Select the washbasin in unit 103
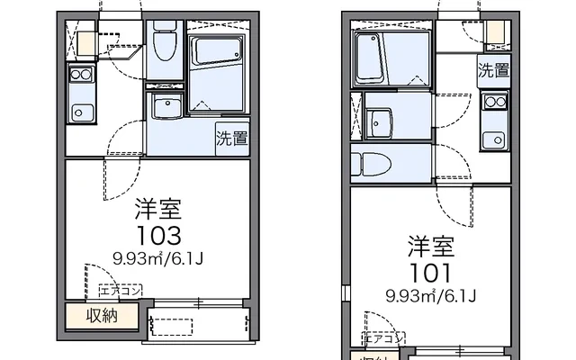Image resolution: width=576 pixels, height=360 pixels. (166, 108)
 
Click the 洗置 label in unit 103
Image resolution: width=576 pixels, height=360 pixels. (231, 138)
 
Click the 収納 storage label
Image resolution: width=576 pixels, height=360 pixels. (101, 316)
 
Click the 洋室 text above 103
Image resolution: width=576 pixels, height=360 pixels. (158, 211)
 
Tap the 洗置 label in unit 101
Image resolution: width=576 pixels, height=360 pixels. (493, 69)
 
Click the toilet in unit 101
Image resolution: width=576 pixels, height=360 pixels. (372, 165)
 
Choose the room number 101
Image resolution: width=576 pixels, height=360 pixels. (430, 271)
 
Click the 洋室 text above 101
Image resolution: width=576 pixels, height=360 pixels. (430, 245)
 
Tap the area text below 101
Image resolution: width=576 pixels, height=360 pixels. (430, 295)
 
